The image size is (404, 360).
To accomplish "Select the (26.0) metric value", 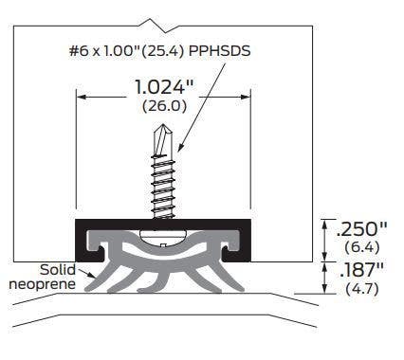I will click(164, 107).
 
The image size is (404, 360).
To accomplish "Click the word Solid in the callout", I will click(58, 269).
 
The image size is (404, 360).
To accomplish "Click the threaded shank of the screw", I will click(164, 185).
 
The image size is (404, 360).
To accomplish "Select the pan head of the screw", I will click(164, 231).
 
